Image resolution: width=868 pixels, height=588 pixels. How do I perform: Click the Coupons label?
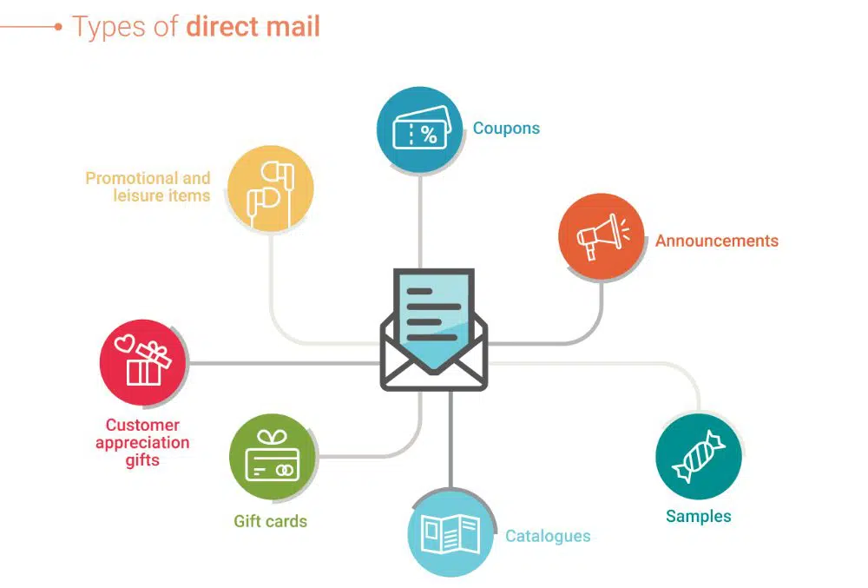pyautogui.click(x=506, y=129)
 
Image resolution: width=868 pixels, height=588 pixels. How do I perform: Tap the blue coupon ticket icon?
pyautogui.click(x=419, y=130)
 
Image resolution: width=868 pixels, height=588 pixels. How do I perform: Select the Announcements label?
pyautogui.click(x=717, y=241)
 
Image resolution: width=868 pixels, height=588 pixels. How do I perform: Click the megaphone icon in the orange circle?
pyautogui.click(x=602, y=235)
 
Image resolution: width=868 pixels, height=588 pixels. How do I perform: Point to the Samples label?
pyautogui.click(x=699, y=516)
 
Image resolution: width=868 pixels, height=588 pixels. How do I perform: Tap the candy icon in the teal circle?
pyautogui.click(x=699, y=456)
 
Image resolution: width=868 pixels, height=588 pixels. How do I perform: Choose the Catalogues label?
pyautogui.click(x=548, y=536)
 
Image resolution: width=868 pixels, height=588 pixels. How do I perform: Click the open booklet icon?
pyautogui.click(x=450, y=534)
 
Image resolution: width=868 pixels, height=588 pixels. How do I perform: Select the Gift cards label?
pyautogui.click(x=270, y=521)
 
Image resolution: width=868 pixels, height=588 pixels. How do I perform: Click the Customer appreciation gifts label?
pyautogui.click(x=142, y=442)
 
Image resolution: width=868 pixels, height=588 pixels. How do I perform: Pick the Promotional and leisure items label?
pyautogui.click(x=148, y=187)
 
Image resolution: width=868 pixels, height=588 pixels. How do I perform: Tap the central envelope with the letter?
pyautogui.click(x=433, y=330)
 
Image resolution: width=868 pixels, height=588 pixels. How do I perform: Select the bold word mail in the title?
pyautogui.click(x=293, y=26)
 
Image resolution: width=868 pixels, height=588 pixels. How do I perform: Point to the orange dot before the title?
pyautogui.click(x=58, y=26)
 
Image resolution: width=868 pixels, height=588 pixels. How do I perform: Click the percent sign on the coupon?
pyautogui.click(x=429, y=134)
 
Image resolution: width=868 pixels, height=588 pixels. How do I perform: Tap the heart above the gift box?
pyautogui.click(x=125, y=344)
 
